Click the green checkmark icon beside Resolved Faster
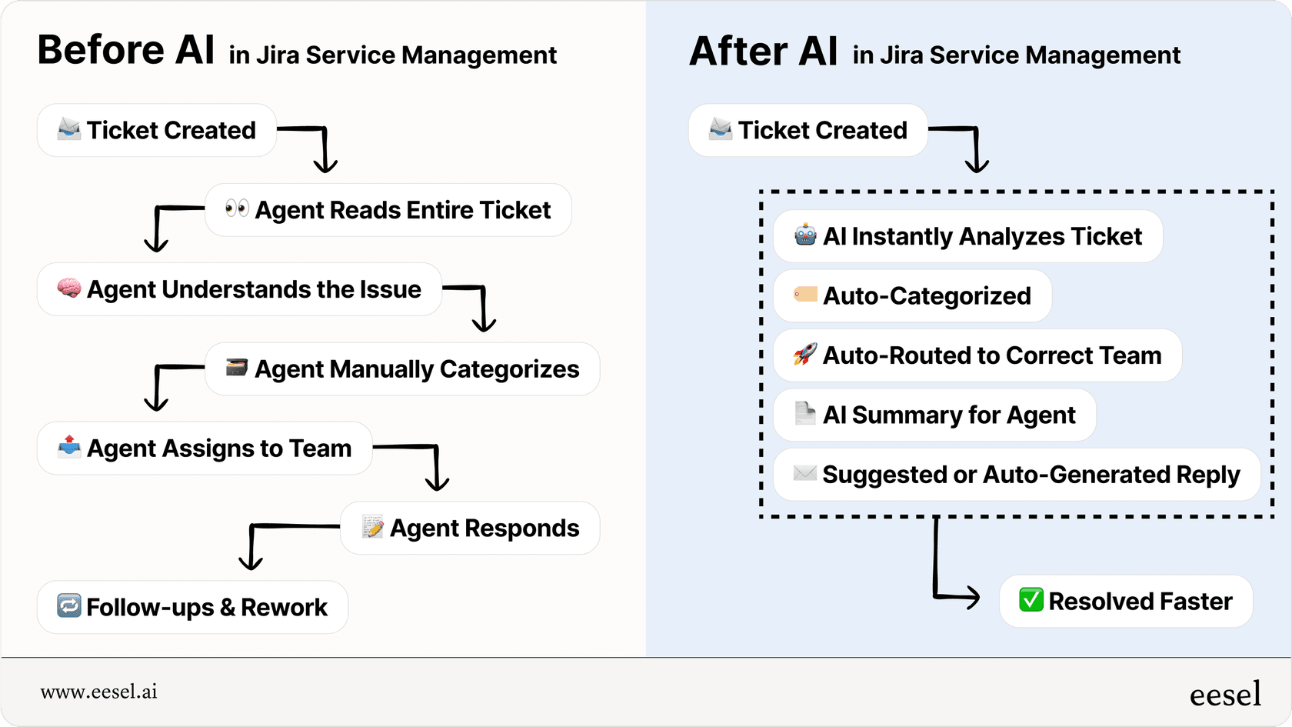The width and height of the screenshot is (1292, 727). pyautogui.click(x=1031, y=600)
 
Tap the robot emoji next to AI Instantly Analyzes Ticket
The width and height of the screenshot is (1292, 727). pyautogui.click(x=805, y=235)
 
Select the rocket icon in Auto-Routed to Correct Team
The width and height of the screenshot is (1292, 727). pyautogui.click(x=804, y=355)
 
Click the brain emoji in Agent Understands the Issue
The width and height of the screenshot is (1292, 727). pyautogui.click(x=69, y=288)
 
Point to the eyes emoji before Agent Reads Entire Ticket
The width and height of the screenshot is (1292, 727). pyautogui.click(x=237, y=208)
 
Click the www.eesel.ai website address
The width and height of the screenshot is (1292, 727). pyautogui.click(x=98, y=692)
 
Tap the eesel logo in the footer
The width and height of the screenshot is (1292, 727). pyautogui.click(x=1225, y=695)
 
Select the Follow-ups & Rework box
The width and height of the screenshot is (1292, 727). pyautogui.click(x=192, y=607)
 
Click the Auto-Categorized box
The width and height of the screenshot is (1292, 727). pyautogui.click(x=912, y=295)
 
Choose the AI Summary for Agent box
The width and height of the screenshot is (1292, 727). pyautogui.click(x=934, y=415)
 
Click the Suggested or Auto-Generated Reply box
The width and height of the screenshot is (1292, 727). pyautogui.click(x=1016, y=475)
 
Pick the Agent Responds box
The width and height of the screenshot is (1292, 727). pyautogui.click(x=470, y=528)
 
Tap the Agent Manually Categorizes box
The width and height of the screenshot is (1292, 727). pyautogui.click(x=402, y=369)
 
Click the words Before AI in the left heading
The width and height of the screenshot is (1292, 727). pyautogui.click(x=126, y=50)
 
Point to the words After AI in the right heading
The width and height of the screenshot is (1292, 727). pyautogui.click(x=763, y=52)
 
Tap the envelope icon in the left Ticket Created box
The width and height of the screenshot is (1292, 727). pyautogui.click(x=69, y=129)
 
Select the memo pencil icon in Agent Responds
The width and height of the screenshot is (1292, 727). pyautogui.click(x=373, y=527)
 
